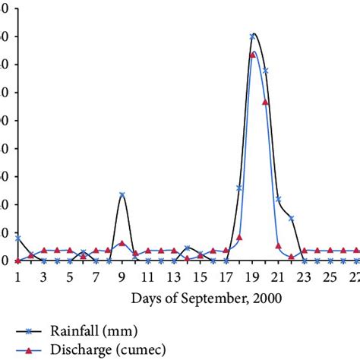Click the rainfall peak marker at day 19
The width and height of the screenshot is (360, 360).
252,36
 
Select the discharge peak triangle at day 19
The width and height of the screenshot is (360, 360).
252,55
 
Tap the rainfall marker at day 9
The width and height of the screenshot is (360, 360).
122,195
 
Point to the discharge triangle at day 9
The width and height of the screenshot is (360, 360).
122,243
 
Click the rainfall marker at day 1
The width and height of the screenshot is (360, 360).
17,238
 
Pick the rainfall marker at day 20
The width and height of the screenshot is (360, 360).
265,71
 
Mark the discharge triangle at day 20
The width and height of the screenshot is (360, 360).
265,102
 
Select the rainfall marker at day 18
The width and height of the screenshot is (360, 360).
239,188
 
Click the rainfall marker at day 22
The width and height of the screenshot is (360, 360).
291,218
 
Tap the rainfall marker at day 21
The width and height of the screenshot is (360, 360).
278,199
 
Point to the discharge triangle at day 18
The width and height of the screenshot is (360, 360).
239,237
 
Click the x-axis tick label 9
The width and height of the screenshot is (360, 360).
122,276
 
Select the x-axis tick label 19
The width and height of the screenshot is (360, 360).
252,276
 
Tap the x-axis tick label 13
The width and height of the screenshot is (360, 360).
174,276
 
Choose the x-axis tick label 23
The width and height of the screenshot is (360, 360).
304,276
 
